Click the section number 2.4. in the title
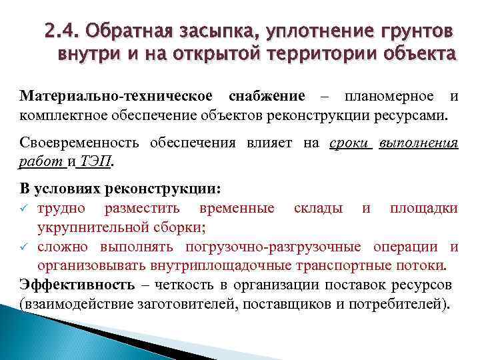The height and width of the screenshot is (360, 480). tap(62, 31)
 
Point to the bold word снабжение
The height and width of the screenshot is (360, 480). tap(266, 96)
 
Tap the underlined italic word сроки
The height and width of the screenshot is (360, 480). tap(349, 143)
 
